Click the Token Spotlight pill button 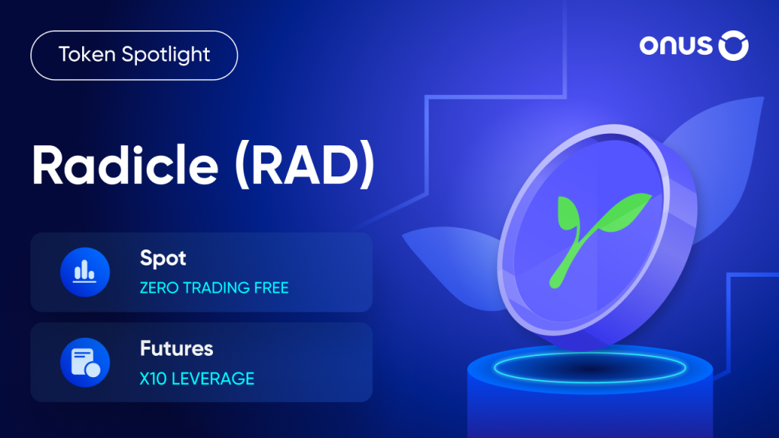pos(134,56)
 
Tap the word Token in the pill pos(84,56)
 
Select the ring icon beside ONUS pos(733,46)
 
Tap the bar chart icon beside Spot pos(84,271)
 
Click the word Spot pos(163,259)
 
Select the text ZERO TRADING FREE pos(214,288)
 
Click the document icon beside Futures pos(84,362)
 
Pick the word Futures pos(176,349)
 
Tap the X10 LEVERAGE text pos(196,379)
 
